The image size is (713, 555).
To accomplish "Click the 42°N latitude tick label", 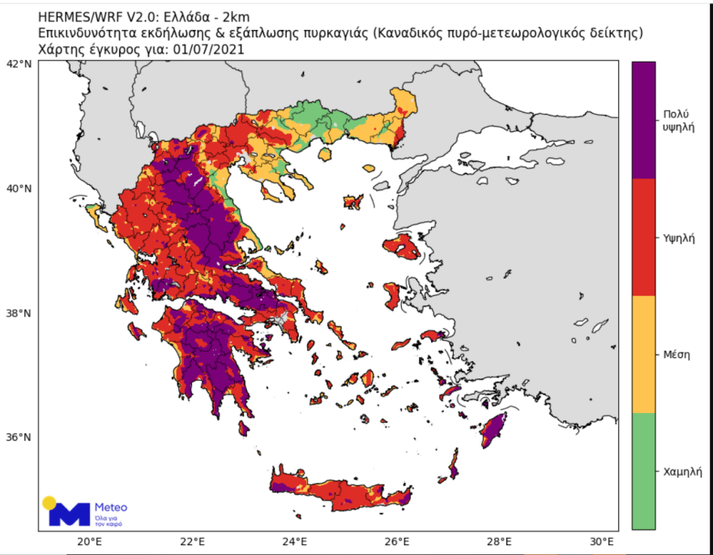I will tap(19, 63).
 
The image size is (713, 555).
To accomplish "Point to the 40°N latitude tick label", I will tap(19, 188).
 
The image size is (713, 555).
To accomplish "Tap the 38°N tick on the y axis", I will tap(19, 313).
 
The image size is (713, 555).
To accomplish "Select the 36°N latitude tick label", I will tap(19, 437).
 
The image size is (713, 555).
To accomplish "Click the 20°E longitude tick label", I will tap(88, 542).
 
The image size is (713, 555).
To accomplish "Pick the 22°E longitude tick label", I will tap(191, 542).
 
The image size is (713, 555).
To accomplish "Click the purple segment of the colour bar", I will tap(643, 120).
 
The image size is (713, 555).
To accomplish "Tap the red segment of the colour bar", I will tap(643, 237).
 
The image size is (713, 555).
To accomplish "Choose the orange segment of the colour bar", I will tap(643, 354).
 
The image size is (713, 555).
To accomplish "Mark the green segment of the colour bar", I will tap(643, 471).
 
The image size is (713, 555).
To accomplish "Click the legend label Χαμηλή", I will tap(681, 471).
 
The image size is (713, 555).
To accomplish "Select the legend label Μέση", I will tap(675, 354).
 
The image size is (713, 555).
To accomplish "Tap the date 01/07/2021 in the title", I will tap(207, 49).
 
